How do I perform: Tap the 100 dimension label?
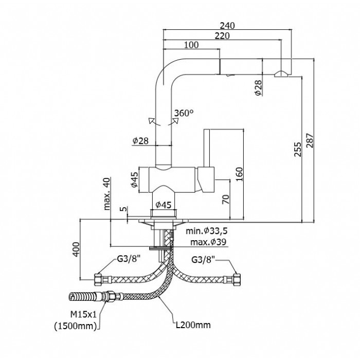coord(191,45)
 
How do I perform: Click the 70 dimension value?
coord(226,199)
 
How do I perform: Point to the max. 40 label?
coord(106,194)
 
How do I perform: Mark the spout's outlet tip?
coord(281,75)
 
